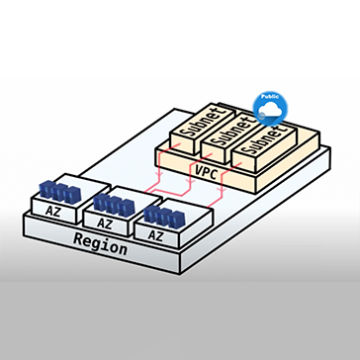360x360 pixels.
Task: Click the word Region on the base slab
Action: click(100, 244)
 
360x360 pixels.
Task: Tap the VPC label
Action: click(207, 171)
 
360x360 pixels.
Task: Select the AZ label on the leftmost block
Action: click(53, 211)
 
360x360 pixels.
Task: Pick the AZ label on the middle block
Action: click(105, 224)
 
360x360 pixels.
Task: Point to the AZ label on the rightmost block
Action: click(155, 235)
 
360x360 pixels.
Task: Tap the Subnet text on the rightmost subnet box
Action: click(265, 140)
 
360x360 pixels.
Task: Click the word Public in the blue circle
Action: click(270, 97)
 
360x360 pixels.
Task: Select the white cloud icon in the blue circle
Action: click(270, 110)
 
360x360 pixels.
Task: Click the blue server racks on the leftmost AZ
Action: click(60, 192)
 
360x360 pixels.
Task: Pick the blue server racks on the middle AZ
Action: click(114, 205)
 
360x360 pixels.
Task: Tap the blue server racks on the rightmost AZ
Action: click(164, 217)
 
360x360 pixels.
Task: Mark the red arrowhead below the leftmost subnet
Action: click(160, 172)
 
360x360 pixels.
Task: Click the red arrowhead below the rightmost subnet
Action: click(222, 191)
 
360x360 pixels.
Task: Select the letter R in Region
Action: click(77, 238)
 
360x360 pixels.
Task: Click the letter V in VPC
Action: click(199, 169)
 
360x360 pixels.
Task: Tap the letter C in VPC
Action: click(215, 174)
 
